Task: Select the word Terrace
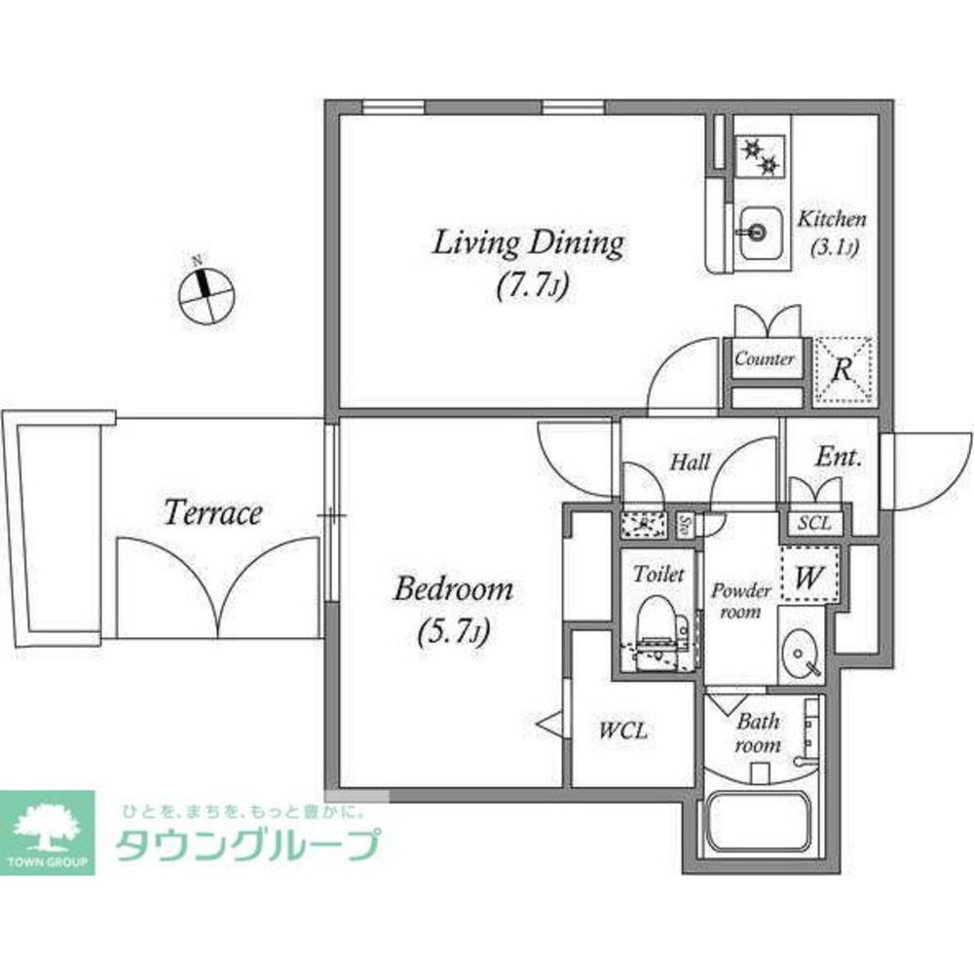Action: (x=212, y=513)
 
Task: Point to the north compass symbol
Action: (x=205, y=288)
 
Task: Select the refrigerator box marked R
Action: (x=843, y=369)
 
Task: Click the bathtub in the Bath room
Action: (x=759, y=823)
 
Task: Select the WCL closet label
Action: (x=623, y=730)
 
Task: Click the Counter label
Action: (x=764, y=359)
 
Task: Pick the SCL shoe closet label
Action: (x=813, y=523)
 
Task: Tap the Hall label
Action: (x=690, y=463)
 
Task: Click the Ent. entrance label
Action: (x=839, y=458)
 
